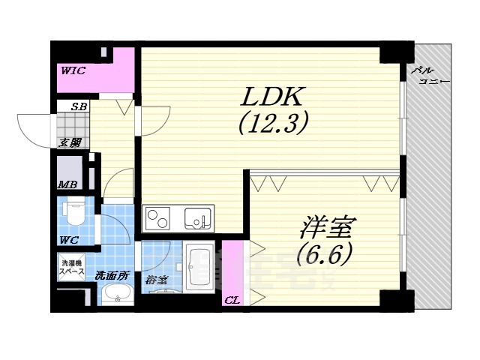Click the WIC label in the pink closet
pos(73,70)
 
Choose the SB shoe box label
pos(78,106)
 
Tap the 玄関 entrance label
pos(71,142)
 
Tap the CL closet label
pos(232,301)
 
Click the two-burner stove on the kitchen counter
pos(158,219)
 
